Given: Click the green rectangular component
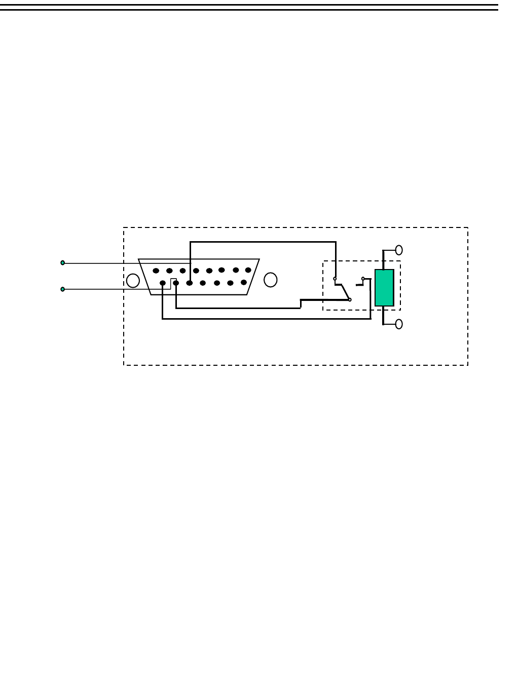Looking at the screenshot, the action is [x=384, y=288].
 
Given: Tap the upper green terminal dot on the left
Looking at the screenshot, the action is [x=63, y=263].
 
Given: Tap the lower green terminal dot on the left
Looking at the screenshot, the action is [x=63, y=289].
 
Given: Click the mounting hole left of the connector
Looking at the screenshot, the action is [x=133, y=281].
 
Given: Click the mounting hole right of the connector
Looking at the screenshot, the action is [x=271, y=280].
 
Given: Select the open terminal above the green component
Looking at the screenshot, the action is [x=399, y=250].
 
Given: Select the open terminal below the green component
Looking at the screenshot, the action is [x=399, y=324].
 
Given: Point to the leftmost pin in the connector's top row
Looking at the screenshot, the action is [x=156, y=271].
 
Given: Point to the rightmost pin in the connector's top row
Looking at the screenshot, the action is [x=248, y=270].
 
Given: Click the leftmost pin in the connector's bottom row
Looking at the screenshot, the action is [x=162, y=283].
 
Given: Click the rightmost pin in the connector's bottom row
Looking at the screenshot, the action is [x=244, y=282].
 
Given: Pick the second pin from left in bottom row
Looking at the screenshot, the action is [x=176, y=283].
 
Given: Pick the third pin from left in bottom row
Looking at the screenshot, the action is [x=189, y=283].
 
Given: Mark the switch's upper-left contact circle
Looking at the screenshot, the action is [x=335, y=279].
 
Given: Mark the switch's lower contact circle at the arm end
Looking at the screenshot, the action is [x=350, y=300].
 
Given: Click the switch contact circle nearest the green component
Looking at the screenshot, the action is [x=363, y=279].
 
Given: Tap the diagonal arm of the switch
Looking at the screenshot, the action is [x=345, y=291].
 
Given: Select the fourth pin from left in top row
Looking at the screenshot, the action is [x=196, y=271].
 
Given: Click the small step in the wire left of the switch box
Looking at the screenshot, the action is [x=301, y=303].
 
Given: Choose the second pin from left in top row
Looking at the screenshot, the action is [x=169, y=271].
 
